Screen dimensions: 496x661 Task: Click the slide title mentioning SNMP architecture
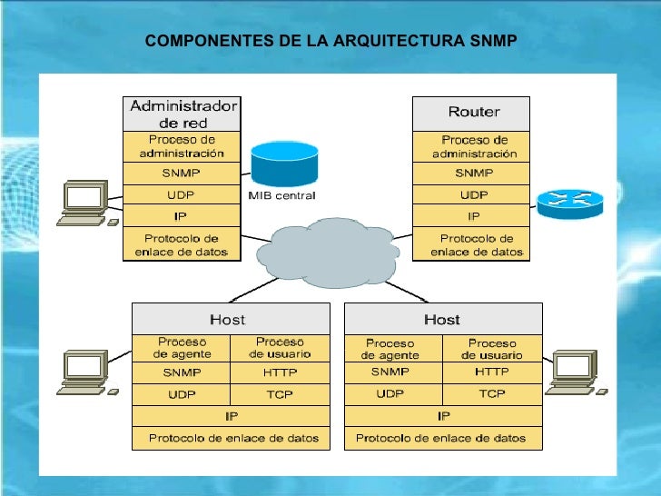(330, 42)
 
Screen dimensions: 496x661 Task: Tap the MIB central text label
(281, 195)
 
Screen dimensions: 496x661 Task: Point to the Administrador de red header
(183, 114)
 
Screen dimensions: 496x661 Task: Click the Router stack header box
(473, 113)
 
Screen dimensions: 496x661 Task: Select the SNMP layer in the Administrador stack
(182, 173)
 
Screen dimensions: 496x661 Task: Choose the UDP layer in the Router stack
(473, 195)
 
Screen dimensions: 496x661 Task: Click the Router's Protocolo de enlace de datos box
(473, 244)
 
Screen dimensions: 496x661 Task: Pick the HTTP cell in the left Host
(280, 372)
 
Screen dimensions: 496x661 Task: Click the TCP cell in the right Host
(492, 393)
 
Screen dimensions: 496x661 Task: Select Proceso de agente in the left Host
(182, 347)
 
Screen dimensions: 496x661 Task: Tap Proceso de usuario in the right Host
(492, 349)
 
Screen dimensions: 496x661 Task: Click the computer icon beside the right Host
(574, 371)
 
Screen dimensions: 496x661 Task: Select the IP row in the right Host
(443, 416)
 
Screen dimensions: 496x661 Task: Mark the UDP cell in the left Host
(182, 394)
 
